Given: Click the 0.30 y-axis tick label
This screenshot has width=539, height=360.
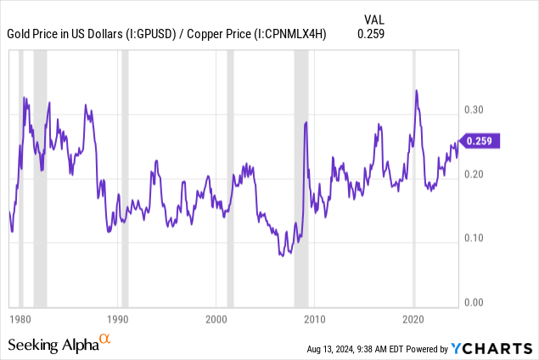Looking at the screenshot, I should [477, 110].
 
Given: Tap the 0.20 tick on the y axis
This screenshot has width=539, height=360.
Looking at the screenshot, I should [477, 174].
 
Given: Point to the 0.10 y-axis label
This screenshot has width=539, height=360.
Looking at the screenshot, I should [477, 238].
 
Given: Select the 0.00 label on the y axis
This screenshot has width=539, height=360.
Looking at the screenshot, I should [477, 301].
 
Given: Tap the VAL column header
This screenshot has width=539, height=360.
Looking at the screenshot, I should [373, 19].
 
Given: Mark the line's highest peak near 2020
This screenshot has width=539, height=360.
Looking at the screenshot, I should [416, 90].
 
